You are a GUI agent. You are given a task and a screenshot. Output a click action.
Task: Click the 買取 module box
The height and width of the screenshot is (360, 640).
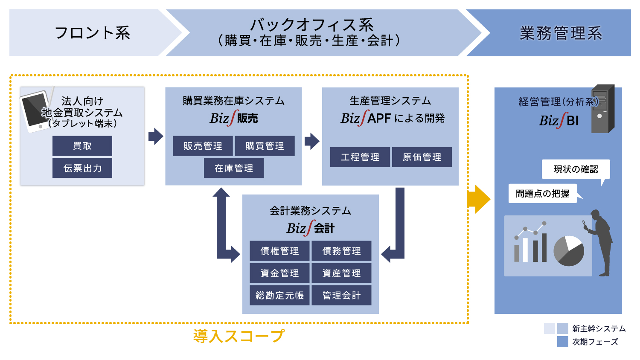(x=82, y=146)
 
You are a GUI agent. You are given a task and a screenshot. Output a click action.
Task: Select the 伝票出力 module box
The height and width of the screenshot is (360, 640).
(x=82, y=168)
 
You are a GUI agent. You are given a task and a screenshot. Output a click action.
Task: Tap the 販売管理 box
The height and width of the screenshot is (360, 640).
(x=203, y=146)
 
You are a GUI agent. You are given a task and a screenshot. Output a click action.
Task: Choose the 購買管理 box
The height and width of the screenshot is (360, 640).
(x=265, y=146)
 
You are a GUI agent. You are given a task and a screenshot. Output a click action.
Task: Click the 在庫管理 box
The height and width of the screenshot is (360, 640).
(x=234, y=168)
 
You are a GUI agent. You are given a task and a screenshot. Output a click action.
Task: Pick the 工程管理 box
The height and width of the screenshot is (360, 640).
(x=360, y=157)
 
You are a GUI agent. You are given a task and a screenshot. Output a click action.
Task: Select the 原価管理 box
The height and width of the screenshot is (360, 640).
(x=422, y=157)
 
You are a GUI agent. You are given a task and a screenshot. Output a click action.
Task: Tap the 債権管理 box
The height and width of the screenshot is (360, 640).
(x=280, y=251)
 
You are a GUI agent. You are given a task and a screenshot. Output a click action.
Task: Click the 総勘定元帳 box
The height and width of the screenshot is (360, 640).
(x=280, y=295)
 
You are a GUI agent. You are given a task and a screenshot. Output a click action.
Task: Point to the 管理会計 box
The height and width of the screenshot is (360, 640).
(x=341, y=295)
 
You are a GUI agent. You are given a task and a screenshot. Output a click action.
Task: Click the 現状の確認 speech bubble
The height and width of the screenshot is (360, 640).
(x=576, y=169)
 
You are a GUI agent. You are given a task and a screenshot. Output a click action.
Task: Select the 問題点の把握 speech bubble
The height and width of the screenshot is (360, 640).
(x=543, y=193)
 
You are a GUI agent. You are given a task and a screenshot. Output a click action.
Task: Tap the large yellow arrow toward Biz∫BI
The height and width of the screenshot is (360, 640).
(x=479, y=199)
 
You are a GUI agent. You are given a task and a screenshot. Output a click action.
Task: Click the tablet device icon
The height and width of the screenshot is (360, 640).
(x=36, y=111)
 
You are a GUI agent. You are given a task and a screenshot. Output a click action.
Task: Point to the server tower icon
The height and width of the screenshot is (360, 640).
(x=603, y=109)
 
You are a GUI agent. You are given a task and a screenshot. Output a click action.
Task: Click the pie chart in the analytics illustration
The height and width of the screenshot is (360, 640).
(x=569, y=251)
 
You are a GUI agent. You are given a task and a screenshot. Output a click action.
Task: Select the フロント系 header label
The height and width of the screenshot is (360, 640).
(x=92, y=32)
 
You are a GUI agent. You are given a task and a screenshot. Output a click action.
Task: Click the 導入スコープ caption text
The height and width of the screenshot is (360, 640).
(x=239, y=336)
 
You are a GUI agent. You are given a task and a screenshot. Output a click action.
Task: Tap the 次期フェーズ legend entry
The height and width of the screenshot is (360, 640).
(x=588, y=342)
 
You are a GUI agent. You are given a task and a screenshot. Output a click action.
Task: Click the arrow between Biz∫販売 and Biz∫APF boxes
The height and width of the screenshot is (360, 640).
(x=312, y=141)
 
